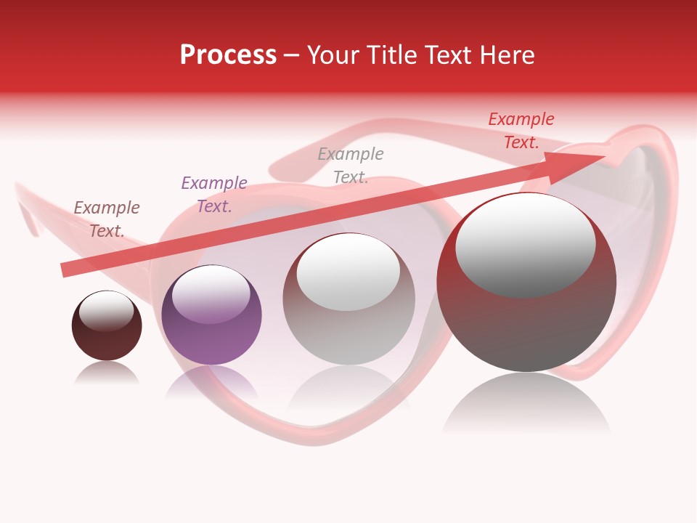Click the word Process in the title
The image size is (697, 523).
click(228, 55)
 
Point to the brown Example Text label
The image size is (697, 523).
click(107, 219)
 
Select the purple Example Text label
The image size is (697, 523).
click(214, 195)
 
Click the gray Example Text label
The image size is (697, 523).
click(351, 166)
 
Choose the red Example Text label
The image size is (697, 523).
click(521, 131)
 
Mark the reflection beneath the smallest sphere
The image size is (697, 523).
click(107, 373)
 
